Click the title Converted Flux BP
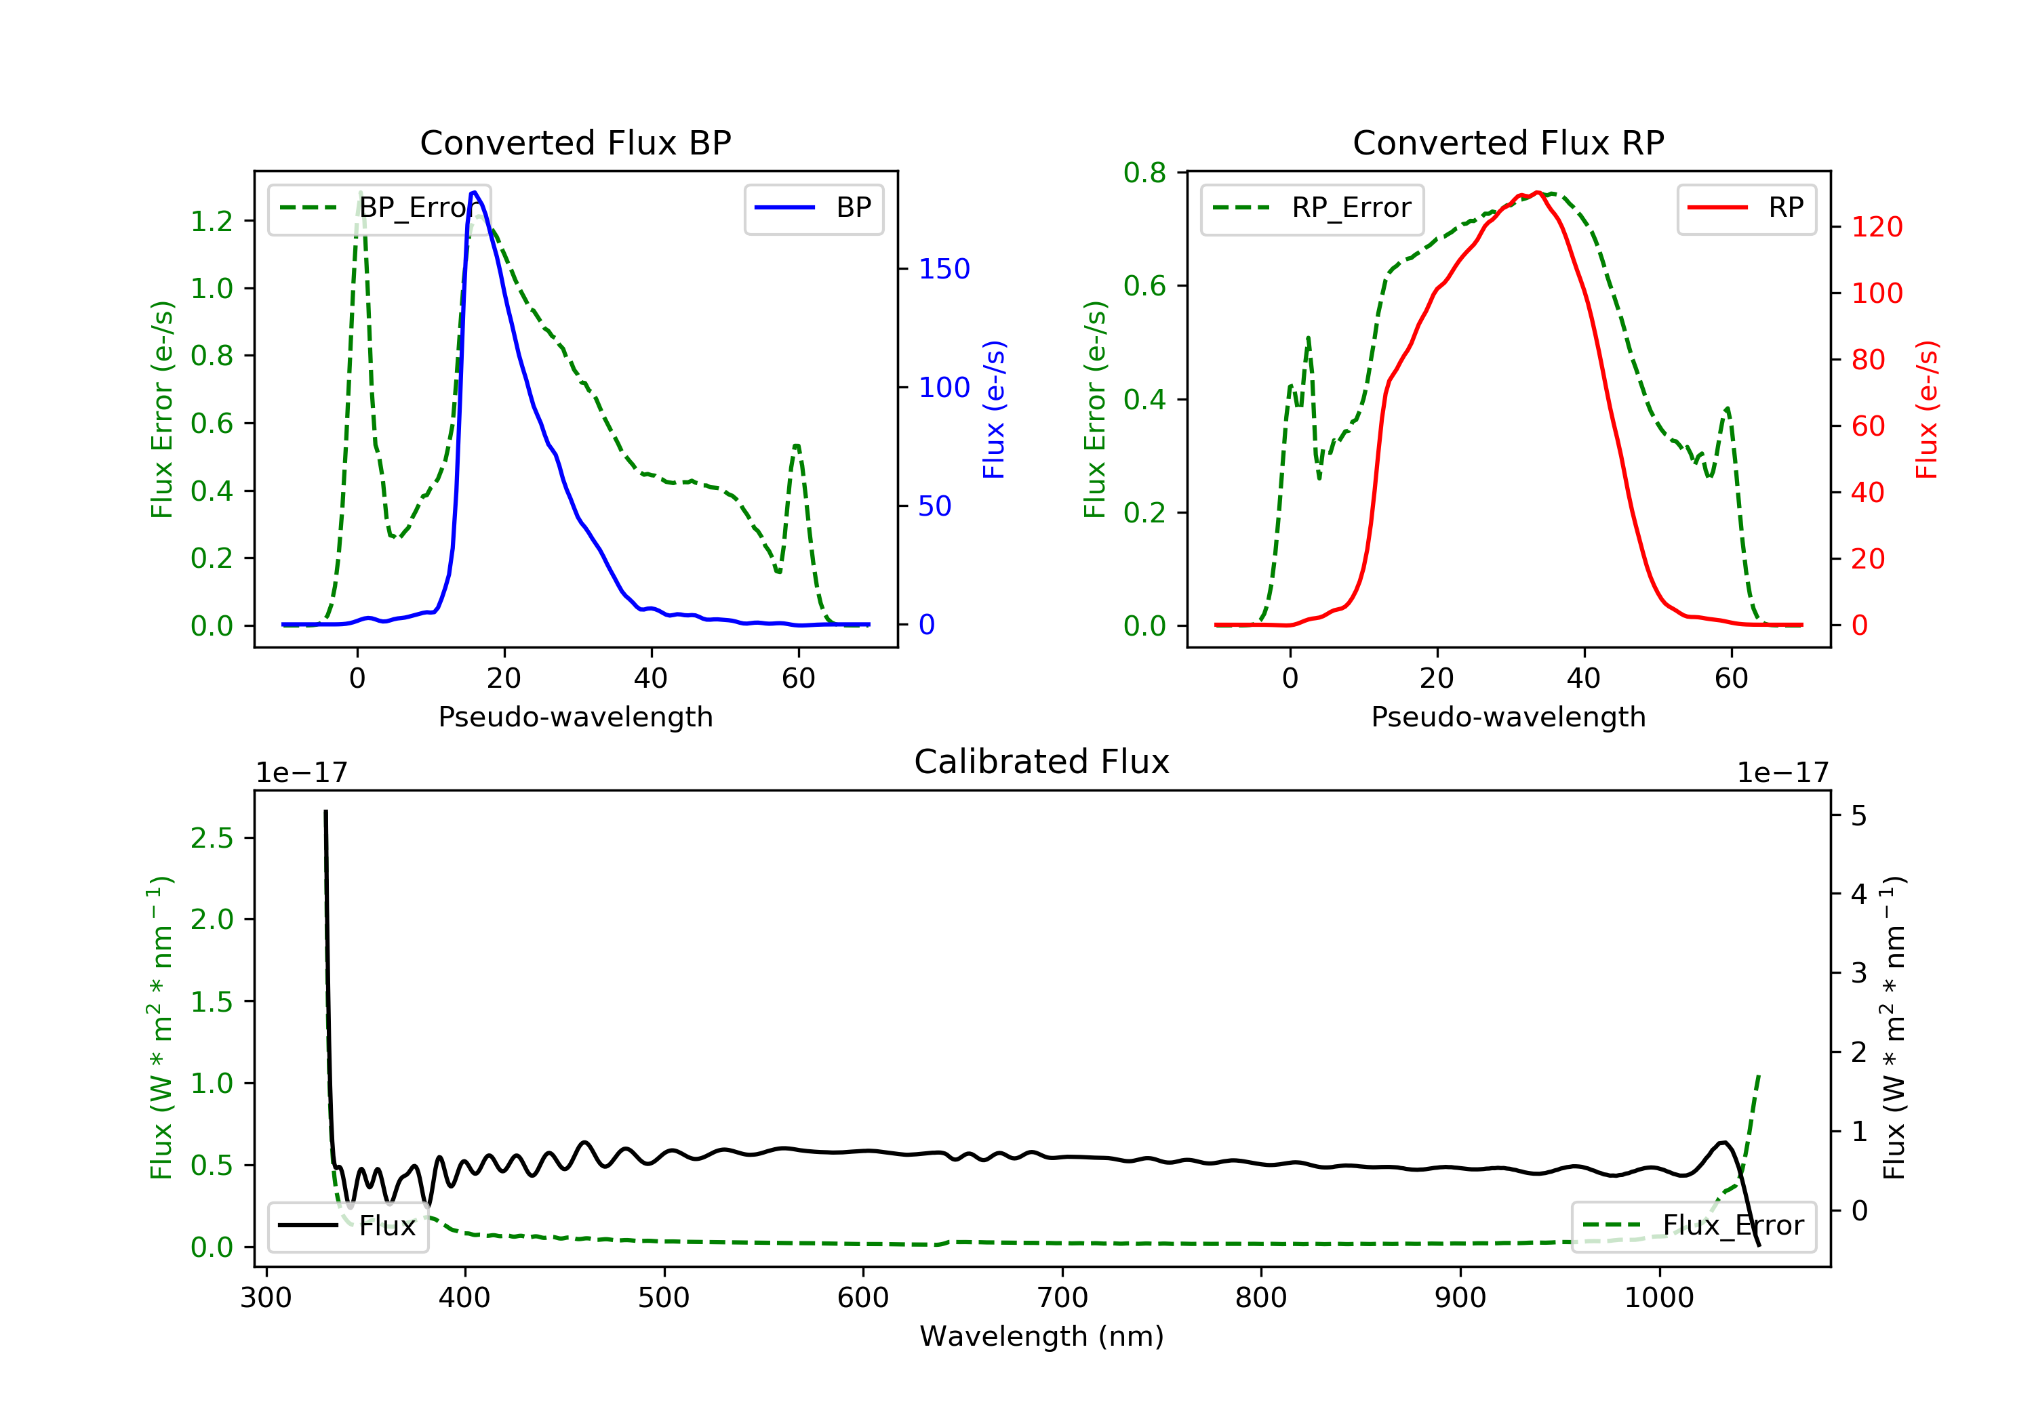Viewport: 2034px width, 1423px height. point(575,142)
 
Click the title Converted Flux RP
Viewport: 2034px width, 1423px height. point(1508,142)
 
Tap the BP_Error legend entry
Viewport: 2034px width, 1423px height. point(379,208)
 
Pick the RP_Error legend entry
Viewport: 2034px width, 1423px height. point(1312,208)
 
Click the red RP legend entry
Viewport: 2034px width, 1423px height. point(1746,208)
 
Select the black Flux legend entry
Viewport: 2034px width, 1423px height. point(348,1226)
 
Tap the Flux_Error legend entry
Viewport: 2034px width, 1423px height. point(1694,1226)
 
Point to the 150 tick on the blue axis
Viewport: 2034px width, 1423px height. point(944,268)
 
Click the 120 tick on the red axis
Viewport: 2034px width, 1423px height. point(1876,227)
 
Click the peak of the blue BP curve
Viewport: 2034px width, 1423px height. point(475,192)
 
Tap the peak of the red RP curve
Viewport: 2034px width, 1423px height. point(1538,193)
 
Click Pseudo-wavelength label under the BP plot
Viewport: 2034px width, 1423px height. point(575,716)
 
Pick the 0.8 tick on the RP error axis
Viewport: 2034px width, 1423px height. point(1144,173)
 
